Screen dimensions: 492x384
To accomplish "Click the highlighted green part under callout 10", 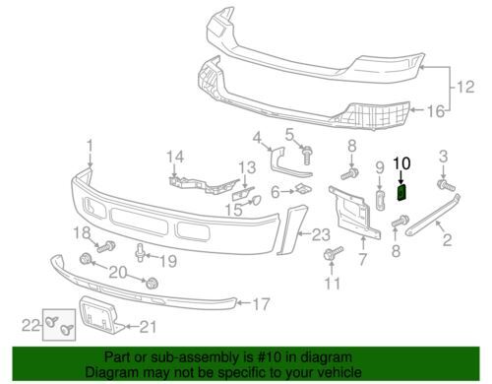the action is pyautogui.click(x=401, y=192).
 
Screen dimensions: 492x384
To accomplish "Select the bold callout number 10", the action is pyautogui.click(x=401, y=163).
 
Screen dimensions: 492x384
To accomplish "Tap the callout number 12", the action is pyautogui.click(x=465, y=87).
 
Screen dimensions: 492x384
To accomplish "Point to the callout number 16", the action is pyautogui.click(x=436, y=111).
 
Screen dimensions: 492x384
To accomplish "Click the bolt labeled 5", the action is pyautogui.click(x=306, y=155).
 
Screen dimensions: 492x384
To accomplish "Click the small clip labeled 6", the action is pyautogui.click(x=303, y=189).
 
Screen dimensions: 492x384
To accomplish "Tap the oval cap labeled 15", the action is pyautogui.click(x=257, y=200).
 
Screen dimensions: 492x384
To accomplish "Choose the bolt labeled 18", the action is pyautogui.click(x=106, y=246).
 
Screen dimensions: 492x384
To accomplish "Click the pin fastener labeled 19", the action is pyautogui.click(x=140, y=252).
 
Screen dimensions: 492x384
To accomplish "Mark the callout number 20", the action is pyautogui.click(x=118, y=273).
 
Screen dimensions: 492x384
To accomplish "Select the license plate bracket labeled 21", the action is pyautogui.click(x=98, y=314).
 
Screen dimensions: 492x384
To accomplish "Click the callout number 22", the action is pyautogui.click(x=31, y=326).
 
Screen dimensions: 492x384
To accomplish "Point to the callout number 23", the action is pyautogui.click(x=321, y=235).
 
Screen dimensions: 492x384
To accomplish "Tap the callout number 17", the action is pyautogui.click(x=261, y=304).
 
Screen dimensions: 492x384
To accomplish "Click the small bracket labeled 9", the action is pyautogui.click(x=380, y=200).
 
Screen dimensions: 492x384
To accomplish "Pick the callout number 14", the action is pyautogui.click(x=175, y=157).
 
